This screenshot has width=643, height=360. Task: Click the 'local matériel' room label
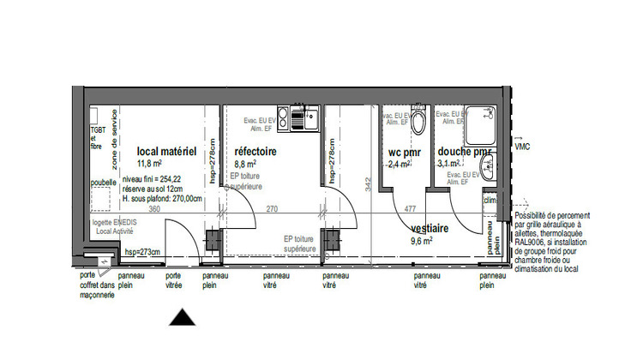[x=167, y=152]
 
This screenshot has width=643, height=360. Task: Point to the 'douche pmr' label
[x=465, y=153]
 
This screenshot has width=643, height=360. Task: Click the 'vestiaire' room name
[x=433, y=230]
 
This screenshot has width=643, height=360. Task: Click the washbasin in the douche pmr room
[x=488, y=166]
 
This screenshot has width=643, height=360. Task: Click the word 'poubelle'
[x=103, y=182]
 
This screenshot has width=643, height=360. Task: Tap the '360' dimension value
[x=155, y=208]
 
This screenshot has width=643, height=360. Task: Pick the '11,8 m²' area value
[x=149, y=163]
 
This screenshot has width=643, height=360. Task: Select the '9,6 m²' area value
[x=424, y=242]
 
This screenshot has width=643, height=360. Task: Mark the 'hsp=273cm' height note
[x=141, y=252]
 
